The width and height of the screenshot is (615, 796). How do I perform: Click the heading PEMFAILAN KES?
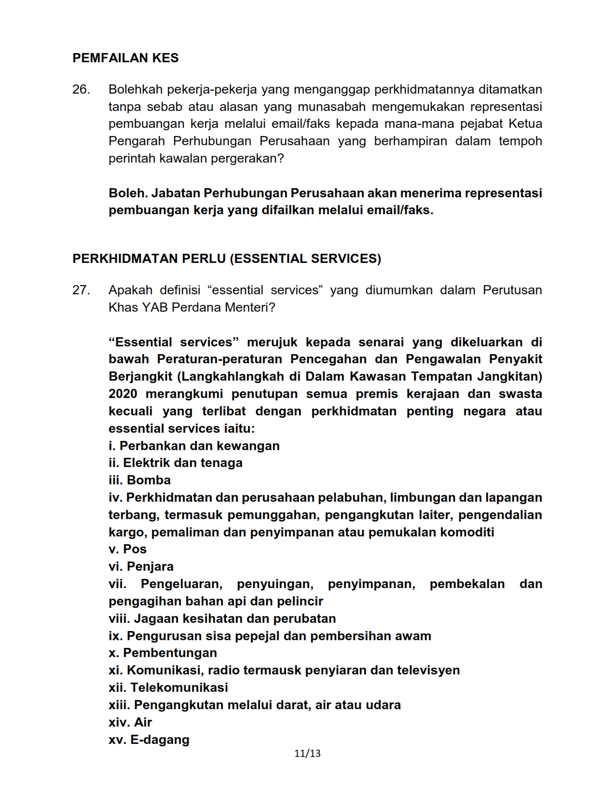coord(125,58)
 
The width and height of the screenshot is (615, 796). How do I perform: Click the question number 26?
coord(81,89)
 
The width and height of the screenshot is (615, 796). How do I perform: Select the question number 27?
coord(81,290)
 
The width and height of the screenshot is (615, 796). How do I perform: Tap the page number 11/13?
coord(307,753)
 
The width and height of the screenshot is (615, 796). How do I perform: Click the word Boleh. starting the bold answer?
coord(128,193)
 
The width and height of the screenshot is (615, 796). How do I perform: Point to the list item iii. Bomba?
coord(139,480)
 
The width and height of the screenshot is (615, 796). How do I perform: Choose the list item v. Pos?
coord(127,549)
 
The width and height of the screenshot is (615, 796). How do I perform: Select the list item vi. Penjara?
coord(141,566)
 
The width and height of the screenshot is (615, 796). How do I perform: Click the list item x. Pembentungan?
coord(163,653)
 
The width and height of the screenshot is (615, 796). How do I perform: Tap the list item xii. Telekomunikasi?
coord(168,687)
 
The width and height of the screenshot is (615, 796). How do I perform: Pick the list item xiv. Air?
coord(130,722)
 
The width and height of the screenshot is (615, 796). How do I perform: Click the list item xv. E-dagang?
coord(149,740)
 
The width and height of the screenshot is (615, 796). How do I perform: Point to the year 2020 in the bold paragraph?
coord(123,394)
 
